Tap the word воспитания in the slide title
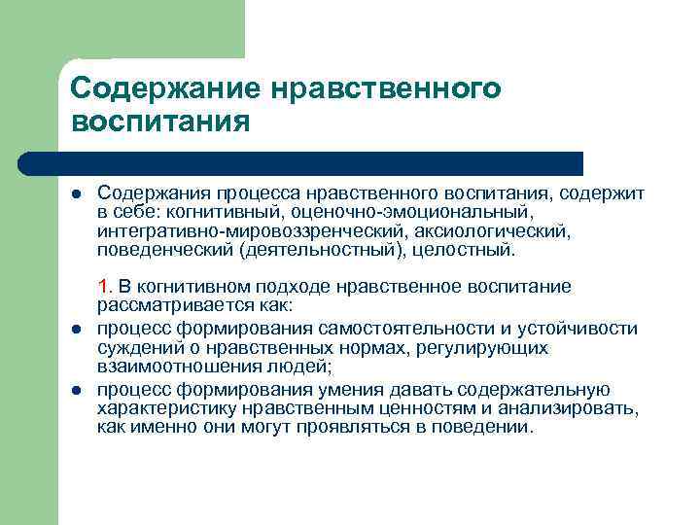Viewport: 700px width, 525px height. pos(161,123)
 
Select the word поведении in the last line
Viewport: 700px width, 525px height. pos(480,428)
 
